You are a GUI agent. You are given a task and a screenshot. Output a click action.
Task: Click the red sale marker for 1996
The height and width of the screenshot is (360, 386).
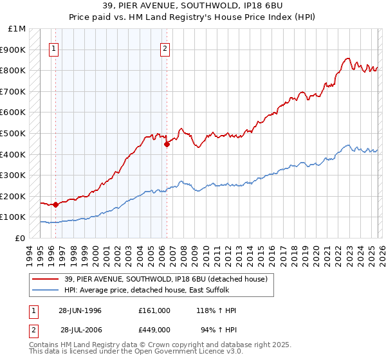tap(56, 204)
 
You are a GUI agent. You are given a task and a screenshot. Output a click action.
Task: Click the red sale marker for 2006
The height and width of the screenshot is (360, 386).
tap(167, 145)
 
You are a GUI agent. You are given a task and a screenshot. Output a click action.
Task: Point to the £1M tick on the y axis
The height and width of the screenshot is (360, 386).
tap(17, 29)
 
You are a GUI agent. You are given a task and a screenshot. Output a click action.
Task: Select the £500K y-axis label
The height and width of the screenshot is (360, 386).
tap(14, 133)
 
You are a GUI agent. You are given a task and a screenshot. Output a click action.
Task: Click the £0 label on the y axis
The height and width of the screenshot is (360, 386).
tap(20, 238)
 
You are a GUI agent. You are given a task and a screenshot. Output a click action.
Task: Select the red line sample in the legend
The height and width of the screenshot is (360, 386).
tap(44, 278)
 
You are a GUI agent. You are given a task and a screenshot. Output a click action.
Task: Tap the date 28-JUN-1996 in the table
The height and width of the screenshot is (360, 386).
tap(80, 310)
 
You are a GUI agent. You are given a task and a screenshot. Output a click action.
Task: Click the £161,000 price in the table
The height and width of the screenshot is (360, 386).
tap(154, 310)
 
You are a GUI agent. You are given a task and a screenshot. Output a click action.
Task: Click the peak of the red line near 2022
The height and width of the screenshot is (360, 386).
tap(347, 59)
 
